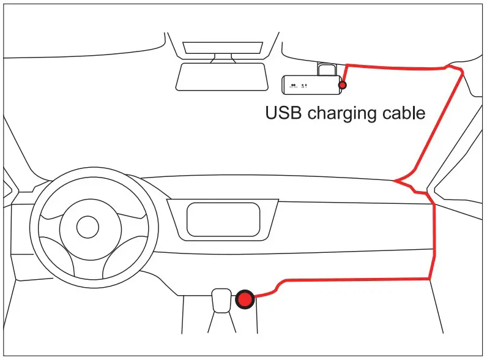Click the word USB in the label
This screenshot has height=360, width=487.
tap(284, 113)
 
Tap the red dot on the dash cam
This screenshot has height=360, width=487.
tap(342, 85)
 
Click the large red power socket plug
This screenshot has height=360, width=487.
tap(245, 299)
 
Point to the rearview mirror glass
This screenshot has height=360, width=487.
tap(223, 77)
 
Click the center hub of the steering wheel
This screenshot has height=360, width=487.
tap(87, 227)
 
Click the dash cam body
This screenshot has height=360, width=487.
tap(310, 85)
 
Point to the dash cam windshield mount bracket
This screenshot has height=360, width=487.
tap(327, 69)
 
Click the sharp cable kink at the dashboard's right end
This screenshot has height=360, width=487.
tap(396, 181)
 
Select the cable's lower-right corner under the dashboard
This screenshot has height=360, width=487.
tap(432, 279)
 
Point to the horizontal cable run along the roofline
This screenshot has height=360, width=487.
tap(398, 66)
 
